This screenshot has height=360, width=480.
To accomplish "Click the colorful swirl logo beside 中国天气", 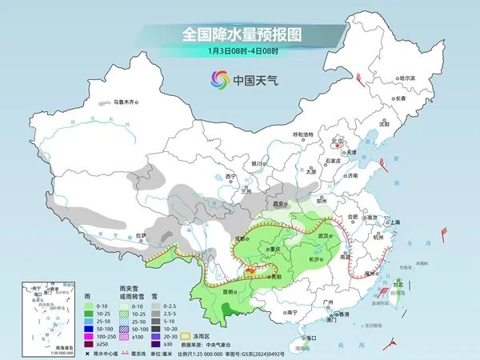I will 219,79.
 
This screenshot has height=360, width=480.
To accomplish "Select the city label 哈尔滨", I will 407,78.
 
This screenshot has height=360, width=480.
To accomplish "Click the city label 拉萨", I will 141,234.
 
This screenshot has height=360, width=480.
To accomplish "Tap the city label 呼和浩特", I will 303,134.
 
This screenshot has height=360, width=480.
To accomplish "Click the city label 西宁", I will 231,176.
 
